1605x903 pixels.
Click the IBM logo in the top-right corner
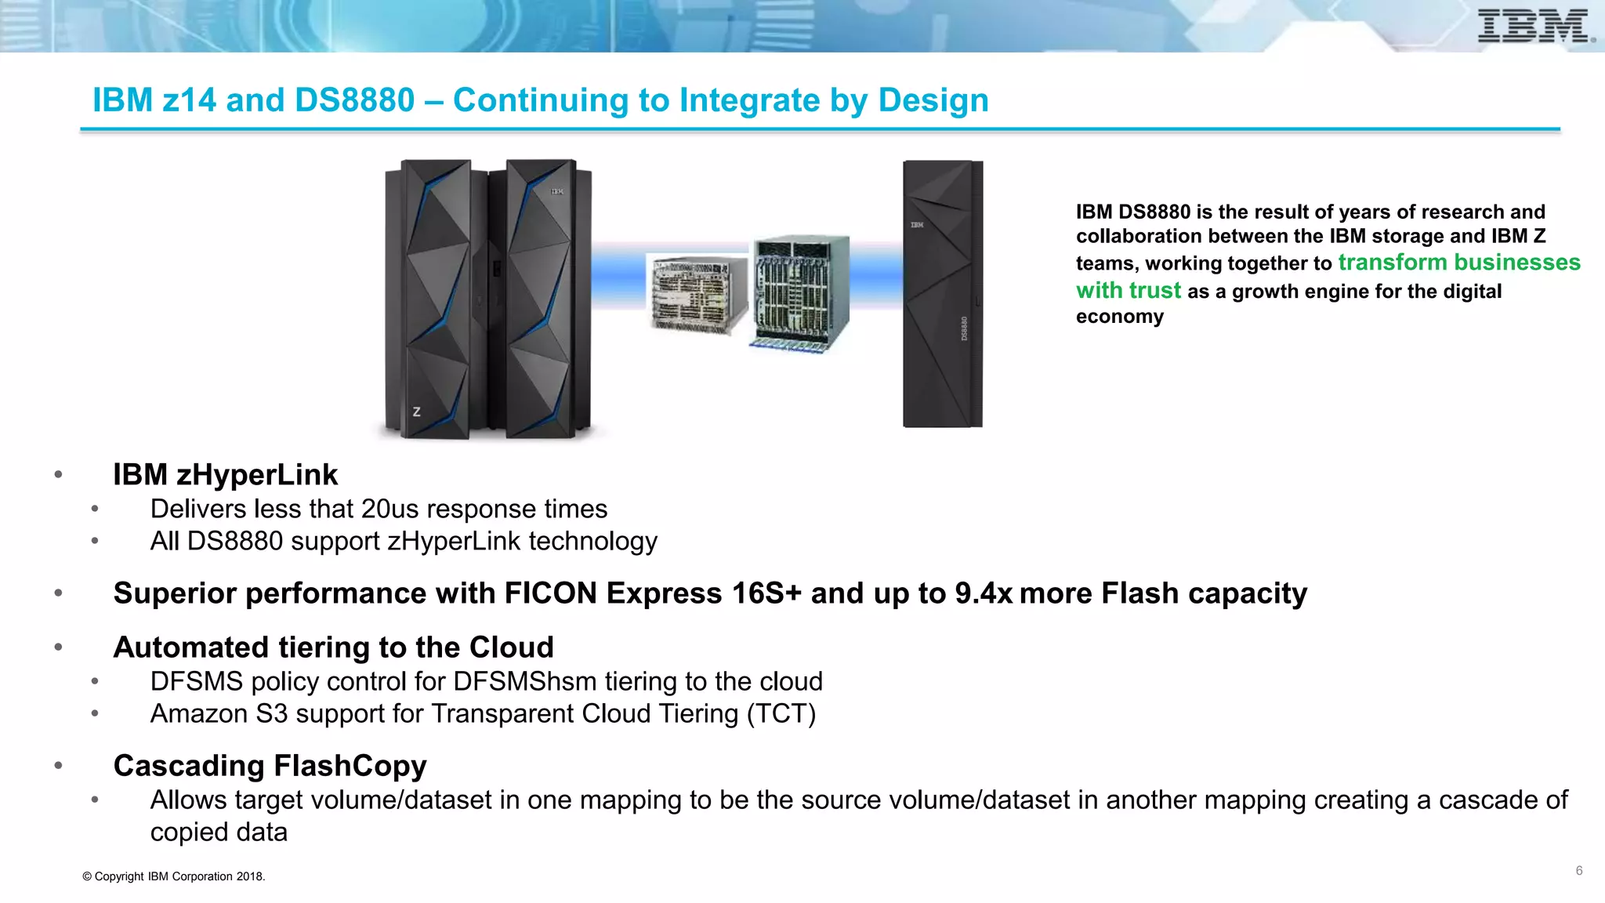click(x=1534, y=27)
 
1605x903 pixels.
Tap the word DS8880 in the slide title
click(x=354, y=100)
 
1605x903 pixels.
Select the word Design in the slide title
click(x=933, y=100)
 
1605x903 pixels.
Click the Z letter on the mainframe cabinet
click(x=416, y=412)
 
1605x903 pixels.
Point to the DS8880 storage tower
click(x=942, y=294)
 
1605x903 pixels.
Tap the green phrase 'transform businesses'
click(x=1459, y=262)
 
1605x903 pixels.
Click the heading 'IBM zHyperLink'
click(x=225, y=475)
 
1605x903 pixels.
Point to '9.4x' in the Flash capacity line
click(x=984, y=593)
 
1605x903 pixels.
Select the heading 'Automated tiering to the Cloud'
click(x=333, y=647)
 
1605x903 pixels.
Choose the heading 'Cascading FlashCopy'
click(x=270, y=766)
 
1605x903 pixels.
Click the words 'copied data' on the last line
click(x=219, y=832)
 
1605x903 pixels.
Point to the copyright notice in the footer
click(x=174, y=876)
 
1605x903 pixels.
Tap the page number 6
click(x=1579, y=871)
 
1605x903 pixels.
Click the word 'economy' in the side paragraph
click(x=1119, y=317)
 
